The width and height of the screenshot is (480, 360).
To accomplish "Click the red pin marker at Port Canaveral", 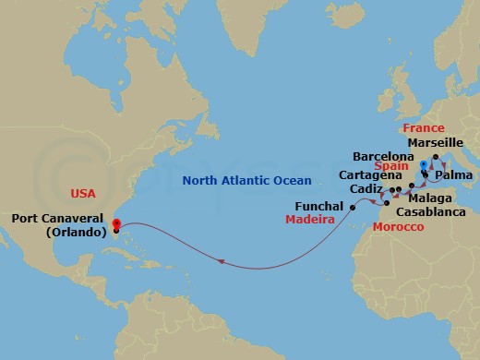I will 116,223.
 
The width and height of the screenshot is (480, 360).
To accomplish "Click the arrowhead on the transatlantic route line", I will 222,262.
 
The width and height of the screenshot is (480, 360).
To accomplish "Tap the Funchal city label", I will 319,207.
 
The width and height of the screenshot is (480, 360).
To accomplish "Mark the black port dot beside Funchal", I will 354,208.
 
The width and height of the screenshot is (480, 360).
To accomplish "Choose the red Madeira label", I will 309,221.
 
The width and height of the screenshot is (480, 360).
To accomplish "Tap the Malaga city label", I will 430,198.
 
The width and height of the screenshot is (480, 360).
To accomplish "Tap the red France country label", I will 423,128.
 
